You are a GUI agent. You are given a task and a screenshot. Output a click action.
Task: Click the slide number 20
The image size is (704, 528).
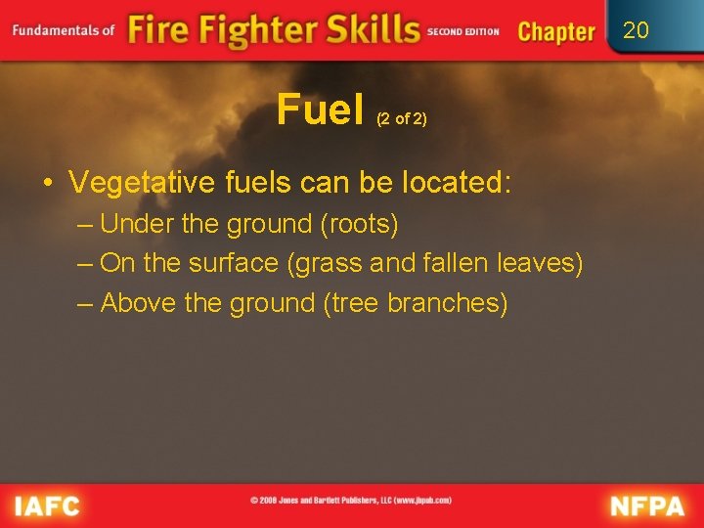(x=636, y=30)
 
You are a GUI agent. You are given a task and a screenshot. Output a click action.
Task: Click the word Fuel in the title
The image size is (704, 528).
(x=320, y=110)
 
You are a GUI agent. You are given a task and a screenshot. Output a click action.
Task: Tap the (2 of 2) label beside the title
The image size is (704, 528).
(x=402, y=118)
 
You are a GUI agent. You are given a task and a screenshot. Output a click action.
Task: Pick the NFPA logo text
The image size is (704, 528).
(x=647, y=506)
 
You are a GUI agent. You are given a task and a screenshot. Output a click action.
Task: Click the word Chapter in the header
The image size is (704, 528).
(x=556, y=31)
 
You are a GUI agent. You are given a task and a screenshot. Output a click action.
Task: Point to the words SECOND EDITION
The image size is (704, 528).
(x=462, y=31)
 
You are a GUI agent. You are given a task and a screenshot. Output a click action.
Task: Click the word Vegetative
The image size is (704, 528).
(x=132, y=183)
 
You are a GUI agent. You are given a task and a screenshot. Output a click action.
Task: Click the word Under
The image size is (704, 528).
(x=137, y=224)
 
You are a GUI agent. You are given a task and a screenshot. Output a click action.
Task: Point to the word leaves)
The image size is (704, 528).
(x=541, y=263)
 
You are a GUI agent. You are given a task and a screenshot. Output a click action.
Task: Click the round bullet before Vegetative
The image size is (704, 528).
(x=47, y=183)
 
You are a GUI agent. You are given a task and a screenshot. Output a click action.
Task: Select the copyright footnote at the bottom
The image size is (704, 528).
(x=351, y=501)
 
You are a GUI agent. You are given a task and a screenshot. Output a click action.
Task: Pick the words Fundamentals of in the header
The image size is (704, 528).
(x=64, y=30)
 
